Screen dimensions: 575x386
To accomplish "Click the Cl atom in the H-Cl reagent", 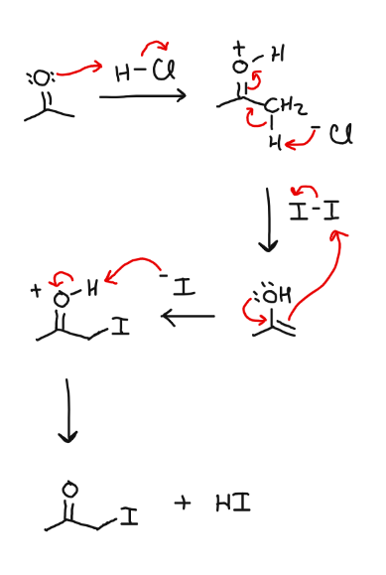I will (156, 72).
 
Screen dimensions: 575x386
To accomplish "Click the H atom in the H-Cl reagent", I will (122, 72).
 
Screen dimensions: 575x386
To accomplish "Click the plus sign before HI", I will (182, 504).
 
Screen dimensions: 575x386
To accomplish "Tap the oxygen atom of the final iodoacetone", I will (68, 489).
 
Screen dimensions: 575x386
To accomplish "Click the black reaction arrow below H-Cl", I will (142, 95).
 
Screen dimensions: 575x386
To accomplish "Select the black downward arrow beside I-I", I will (268, 217).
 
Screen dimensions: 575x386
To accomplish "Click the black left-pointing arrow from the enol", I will (188, 317).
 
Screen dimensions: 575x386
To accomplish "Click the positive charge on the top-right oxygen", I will (239, 47).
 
